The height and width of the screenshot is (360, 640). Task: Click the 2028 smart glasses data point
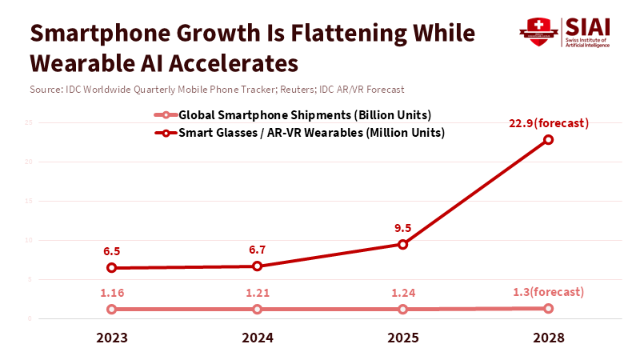point(549,139)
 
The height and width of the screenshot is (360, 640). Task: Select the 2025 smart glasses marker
point(403,244)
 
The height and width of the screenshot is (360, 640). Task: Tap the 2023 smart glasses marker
point(111,267)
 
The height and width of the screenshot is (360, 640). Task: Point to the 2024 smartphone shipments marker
point(257,309)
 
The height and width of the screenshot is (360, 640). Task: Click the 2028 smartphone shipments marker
point(549,308)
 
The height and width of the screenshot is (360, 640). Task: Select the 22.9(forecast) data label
point(549,122)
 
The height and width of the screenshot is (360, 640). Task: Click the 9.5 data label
point(403,228)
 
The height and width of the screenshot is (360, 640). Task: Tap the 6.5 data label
point(111,251)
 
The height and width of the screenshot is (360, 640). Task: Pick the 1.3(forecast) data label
point(549,292)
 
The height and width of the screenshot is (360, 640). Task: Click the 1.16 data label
point(111,293)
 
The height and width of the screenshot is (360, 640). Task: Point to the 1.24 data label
point(403,293)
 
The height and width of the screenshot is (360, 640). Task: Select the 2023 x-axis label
point(111,338)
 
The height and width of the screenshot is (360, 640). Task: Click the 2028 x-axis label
point(549,338)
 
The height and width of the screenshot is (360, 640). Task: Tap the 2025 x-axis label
point(403,338)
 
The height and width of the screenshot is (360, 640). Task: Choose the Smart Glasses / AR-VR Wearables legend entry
point(304,132)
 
